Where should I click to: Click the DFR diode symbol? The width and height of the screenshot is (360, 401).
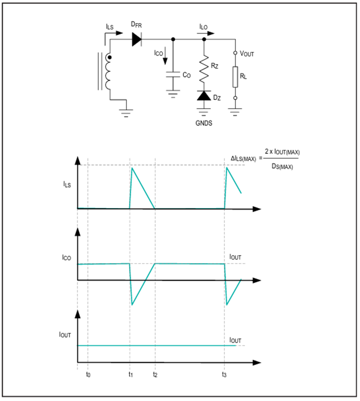tap(137, 40)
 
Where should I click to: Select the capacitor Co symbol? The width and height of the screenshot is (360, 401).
tap(173, 74)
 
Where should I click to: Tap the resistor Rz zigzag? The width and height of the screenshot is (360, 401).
tap(204, 69)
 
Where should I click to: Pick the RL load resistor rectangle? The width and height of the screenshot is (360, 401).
tap(235, 77)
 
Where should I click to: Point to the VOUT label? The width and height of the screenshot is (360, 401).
tap(247, 54)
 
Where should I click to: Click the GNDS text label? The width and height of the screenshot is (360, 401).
tap(204, 123)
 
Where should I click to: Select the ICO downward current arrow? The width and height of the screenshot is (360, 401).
tap(165, 56)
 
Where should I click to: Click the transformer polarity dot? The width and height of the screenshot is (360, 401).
tap(110, 58)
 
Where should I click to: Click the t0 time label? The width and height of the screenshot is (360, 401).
tap(88, 375)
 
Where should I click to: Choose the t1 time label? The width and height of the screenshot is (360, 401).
tap(130, 375)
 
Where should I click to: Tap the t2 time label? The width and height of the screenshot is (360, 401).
tap(155, 375)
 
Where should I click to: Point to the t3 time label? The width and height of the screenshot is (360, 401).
tap(224, 375)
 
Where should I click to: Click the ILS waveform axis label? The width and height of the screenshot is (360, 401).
tap(67, 184)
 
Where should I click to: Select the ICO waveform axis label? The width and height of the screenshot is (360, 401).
tap(66, 257)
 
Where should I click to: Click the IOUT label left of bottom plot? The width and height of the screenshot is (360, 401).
tap(65, 335)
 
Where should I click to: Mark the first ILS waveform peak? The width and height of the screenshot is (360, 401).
tap(132, 168)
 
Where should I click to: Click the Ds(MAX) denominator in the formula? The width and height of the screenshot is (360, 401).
tap(282, 166)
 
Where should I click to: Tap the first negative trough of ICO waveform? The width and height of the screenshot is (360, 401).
tap(132, 305)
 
